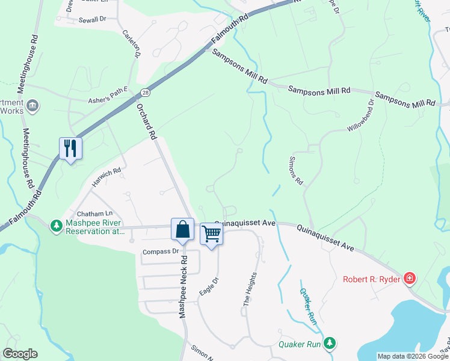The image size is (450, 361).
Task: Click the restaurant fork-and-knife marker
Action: pos(71,149)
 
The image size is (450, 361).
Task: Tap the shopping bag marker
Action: pos(182,229)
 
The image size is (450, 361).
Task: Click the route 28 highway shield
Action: pos(146,92)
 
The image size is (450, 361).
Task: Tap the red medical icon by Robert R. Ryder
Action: pos(410,278)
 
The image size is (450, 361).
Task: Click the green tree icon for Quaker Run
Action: pos(329,344)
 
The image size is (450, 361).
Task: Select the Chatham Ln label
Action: pos(94,214)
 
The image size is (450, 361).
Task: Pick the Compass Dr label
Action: pos(161,251)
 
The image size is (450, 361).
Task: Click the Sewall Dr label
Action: pos(92,19)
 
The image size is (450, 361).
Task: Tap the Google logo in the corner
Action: pos(20,354)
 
